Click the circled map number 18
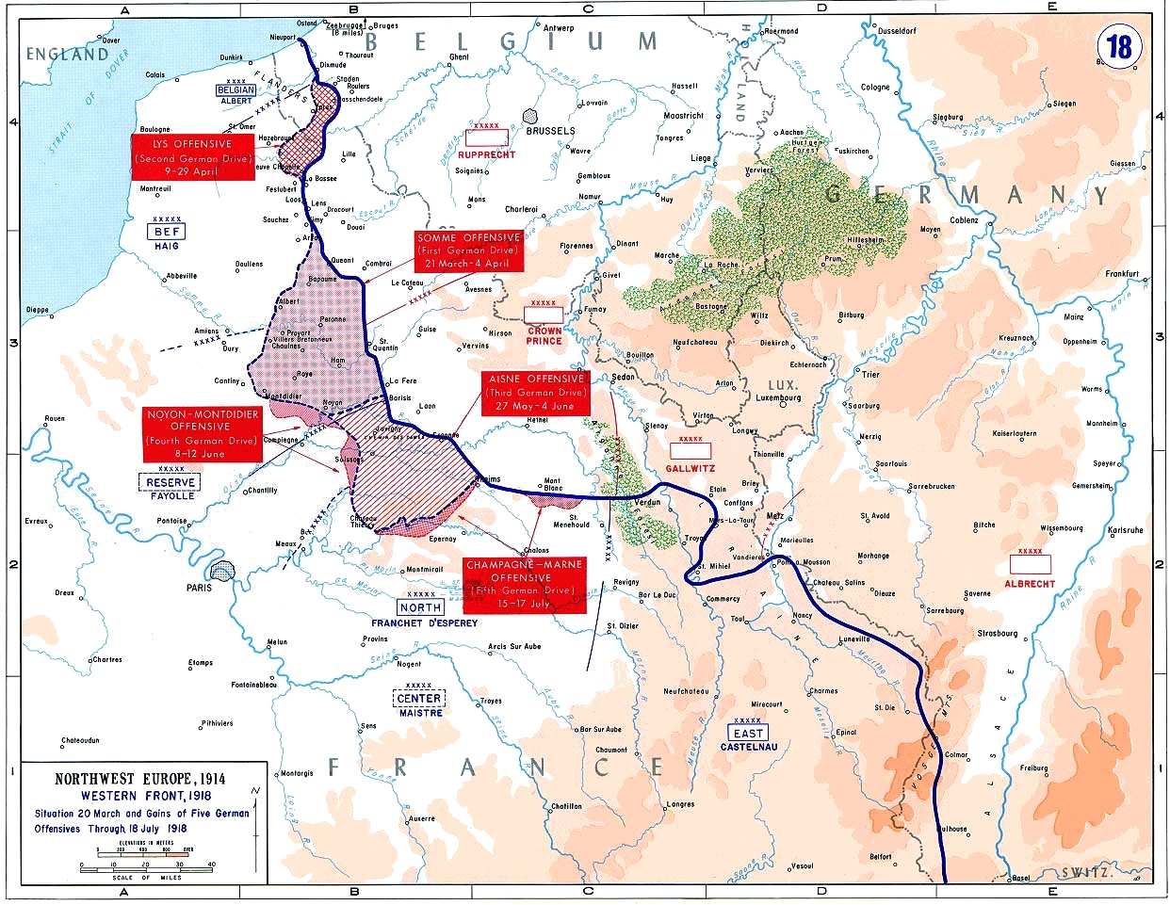click(1119, 46)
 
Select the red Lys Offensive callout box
click(194, 157)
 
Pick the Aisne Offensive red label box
click(536, 393)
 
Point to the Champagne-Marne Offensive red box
click(524, 584)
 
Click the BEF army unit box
click(166, 232)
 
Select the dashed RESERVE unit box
click(171, 482)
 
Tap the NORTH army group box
click(420, 608)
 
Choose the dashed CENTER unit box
click(419, 698)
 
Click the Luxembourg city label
click(779, 398)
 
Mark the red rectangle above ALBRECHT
click(1030, 564)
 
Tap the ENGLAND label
click(67, 55)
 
